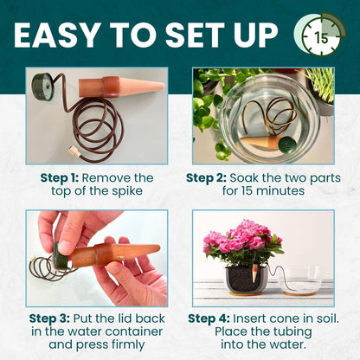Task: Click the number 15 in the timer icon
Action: pyautogui.click(x=321, y=38)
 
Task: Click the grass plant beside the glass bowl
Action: pyautogui.click(x=320, y=87)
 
